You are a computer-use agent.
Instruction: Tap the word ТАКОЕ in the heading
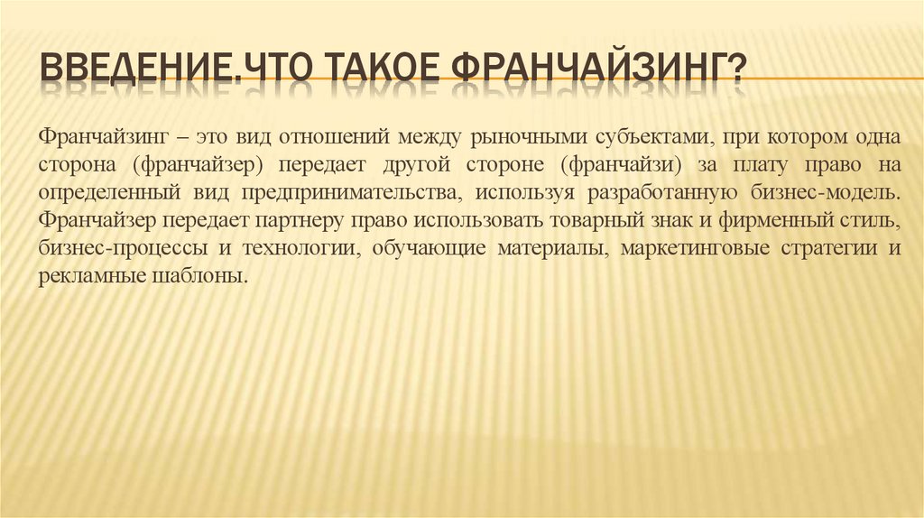click(x=380, y=68)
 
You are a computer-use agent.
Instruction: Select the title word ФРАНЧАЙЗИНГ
click(x=589, y=68)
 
